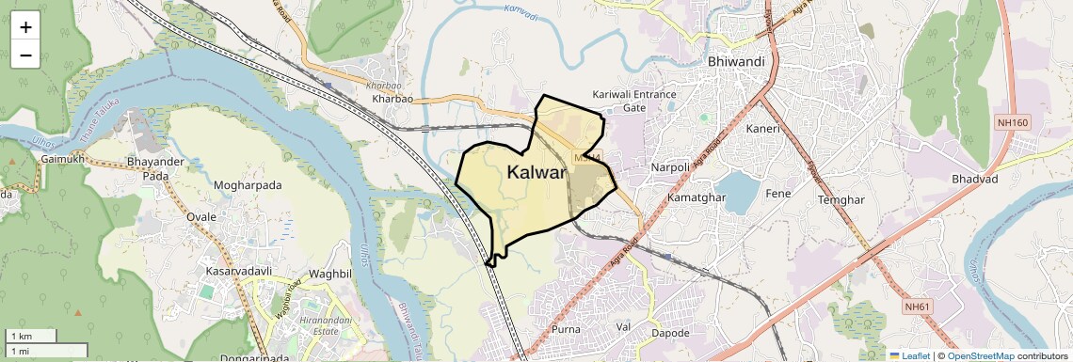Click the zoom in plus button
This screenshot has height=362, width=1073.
(x=25, y=26)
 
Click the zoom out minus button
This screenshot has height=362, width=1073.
(x=25, y=55)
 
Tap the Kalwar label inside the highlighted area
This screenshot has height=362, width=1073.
(x=536, y=172)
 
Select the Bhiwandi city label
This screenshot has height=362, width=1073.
(x=735, y=62)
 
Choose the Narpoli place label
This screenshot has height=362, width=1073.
(x=670, y=167)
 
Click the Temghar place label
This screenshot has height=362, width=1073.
(x=841, y=200)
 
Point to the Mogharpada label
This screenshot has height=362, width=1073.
(x=248, y=185)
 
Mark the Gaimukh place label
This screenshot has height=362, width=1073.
(x=63, y=160)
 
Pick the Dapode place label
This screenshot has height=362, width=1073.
(x=670, y=333)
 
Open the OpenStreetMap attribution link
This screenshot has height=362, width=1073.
(x=980, y=355)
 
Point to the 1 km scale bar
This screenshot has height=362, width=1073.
(x=30, y=336)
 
